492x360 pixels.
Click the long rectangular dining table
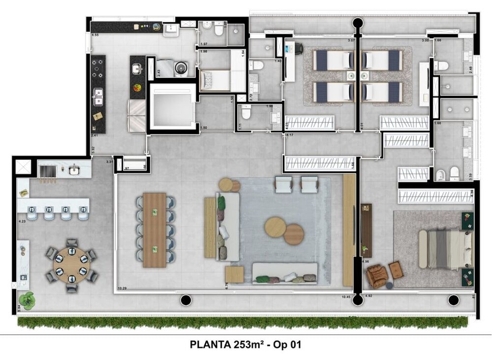coord(154,229)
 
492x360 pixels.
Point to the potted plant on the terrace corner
coord(27,299)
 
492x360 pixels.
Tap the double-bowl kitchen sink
coord(98,97)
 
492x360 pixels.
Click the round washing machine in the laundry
coord(181,68)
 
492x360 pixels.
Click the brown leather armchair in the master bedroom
coord(376,276)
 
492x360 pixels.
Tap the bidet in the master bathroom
coord(441,173)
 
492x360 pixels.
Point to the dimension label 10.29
coord(122,288)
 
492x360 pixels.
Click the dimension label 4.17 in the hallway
coord(290,135)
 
